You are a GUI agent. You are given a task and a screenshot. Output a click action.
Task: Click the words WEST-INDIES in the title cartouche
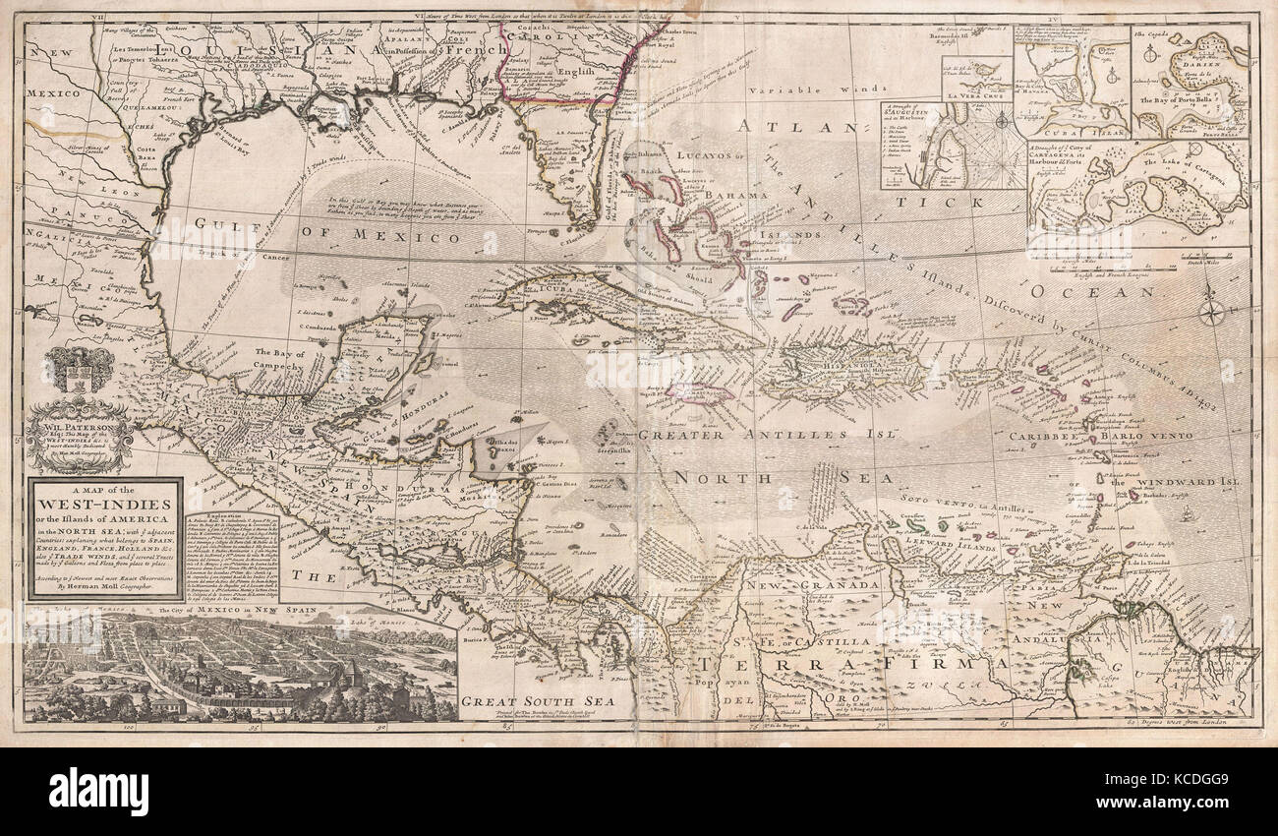click(102, 503)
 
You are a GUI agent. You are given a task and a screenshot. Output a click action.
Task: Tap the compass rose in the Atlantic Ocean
click(1211, 314)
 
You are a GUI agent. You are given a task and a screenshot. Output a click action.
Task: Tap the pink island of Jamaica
click(700, 393)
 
